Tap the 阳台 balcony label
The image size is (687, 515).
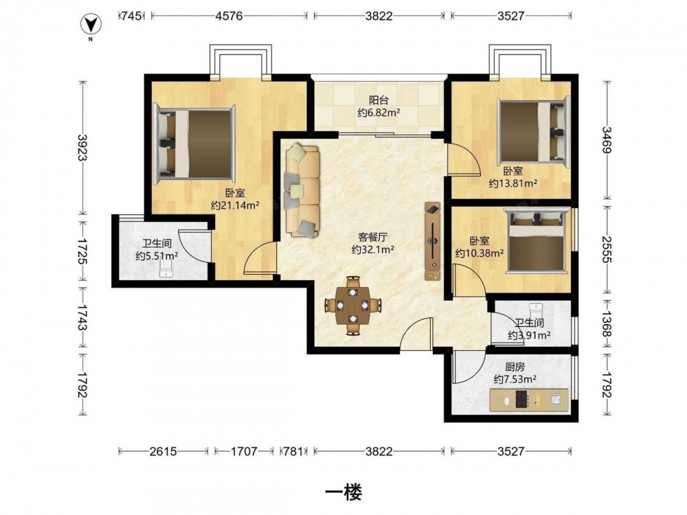[379, 100]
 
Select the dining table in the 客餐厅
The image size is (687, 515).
[352, 306]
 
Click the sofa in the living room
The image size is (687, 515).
[302, 190]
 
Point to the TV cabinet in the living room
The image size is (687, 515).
[433, 241]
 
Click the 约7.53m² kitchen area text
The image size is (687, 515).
[515, 379]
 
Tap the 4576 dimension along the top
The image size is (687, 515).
[229, 16]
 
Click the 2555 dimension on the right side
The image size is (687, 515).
[607, 249]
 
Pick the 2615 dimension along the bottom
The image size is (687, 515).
[163, 452]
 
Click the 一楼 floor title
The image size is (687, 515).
[343, 493]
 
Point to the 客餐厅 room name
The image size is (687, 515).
[373, 238]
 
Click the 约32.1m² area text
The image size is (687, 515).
[373, 250]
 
